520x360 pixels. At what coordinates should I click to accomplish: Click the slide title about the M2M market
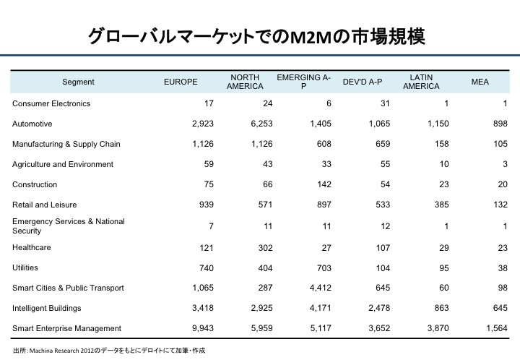tap(256, 36)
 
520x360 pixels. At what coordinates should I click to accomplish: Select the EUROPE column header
tap(181, 82)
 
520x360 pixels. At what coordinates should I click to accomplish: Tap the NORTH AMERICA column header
tap(245, 82)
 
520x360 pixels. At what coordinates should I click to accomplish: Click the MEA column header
tap(480, 82)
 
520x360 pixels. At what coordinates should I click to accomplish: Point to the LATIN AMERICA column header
tap(421, 82)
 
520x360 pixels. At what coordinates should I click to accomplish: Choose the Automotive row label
tap(32, 124)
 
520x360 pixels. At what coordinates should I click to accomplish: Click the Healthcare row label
tap(32, 247)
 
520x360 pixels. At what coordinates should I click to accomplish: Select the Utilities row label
tap(25, 267)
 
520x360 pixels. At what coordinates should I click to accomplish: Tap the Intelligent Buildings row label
tap(47, 308)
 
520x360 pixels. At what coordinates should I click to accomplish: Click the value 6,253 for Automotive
tap(261, 124)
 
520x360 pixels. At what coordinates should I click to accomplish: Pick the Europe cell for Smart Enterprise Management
tap(203, 328)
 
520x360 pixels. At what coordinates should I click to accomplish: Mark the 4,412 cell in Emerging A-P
tap(321, 288)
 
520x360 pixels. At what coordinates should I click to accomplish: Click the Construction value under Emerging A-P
tap(324, 184)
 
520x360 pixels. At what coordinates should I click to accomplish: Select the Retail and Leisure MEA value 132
tap(500, 205)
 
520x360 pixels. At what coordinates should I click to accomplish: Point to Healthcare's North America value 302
tap(265, 248)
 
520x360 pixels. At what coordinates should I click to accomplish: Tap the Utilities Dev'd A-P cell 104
tap(383, 268)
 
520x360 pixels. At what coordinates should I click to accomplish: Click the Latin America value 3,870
tap(438, 328)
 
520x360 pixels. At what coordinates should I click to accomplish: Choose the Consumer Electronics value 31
tap(385, 103)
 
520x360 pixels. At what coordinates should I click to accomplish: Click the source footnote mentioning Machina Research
tap(109, 351)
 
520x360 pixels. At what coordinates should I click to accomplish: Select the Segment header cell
tap(78, 82)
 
